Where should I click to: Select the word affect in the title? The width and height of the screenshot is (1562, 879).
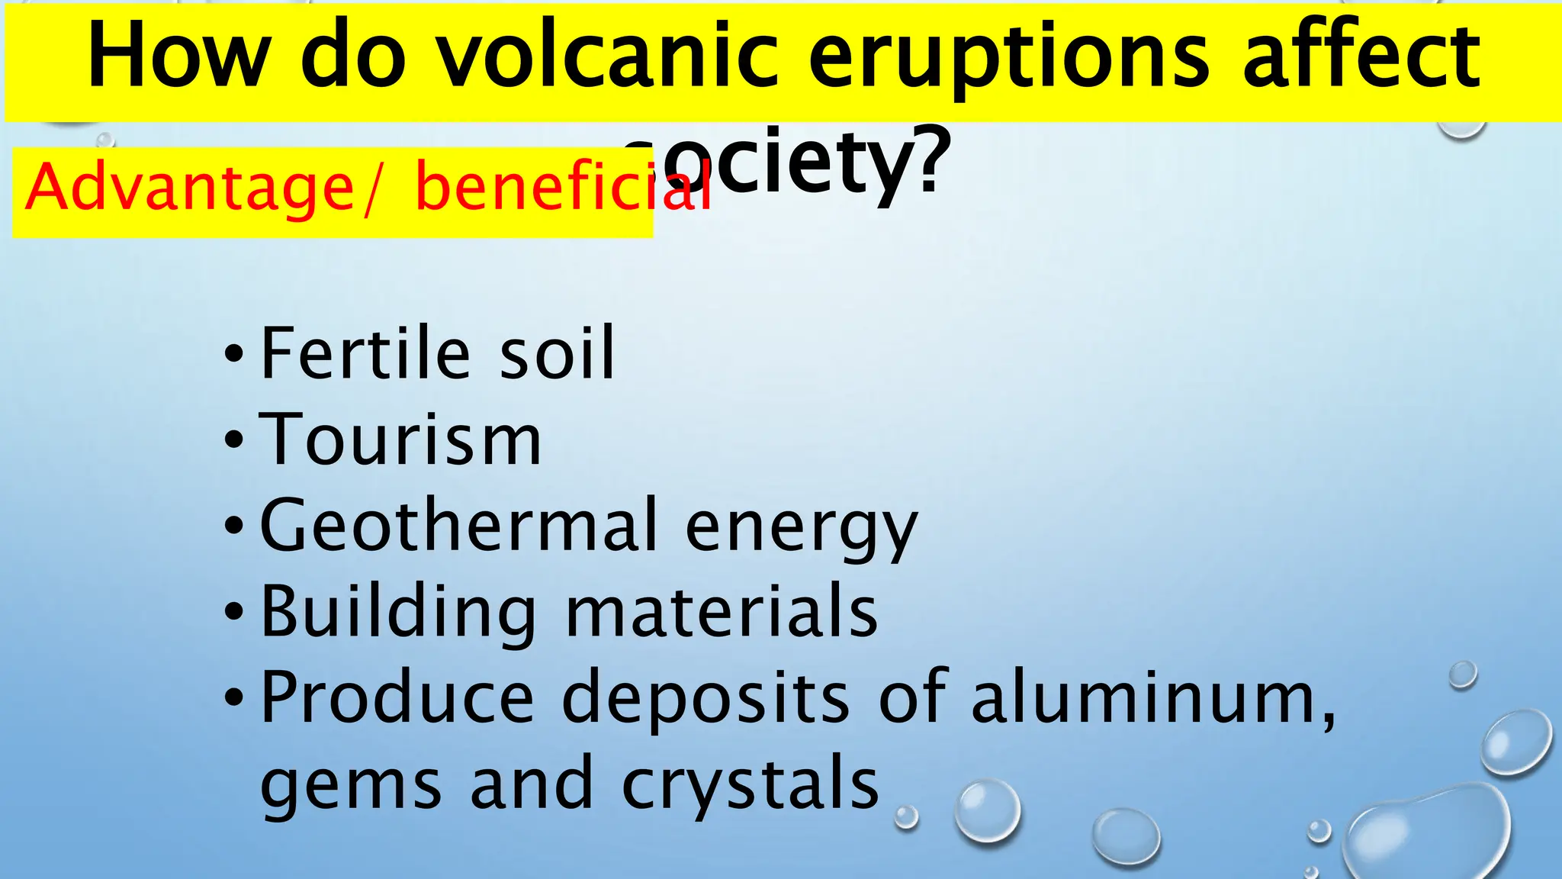(1361, 57)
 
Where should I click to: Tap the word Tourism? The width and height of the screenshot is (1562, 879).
(400, 440)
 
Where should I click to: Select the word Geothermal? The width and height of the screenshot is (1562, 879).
(458, 526)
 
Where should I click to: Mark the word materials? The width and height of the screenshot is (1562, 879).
(722, 613)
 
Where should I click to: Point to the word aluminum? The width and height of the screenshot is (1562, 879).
(1152, 698)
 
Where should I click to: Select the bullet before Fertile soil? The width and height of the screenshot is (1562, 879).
(234, 354)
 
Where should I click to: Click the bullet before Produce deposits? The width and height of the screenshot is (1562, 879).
(234, 697)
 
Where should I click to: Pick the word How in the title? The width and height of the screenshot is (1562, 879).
(179, 57)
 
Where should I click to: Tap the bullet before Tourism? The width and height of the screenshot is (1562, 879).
(234, 440)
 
